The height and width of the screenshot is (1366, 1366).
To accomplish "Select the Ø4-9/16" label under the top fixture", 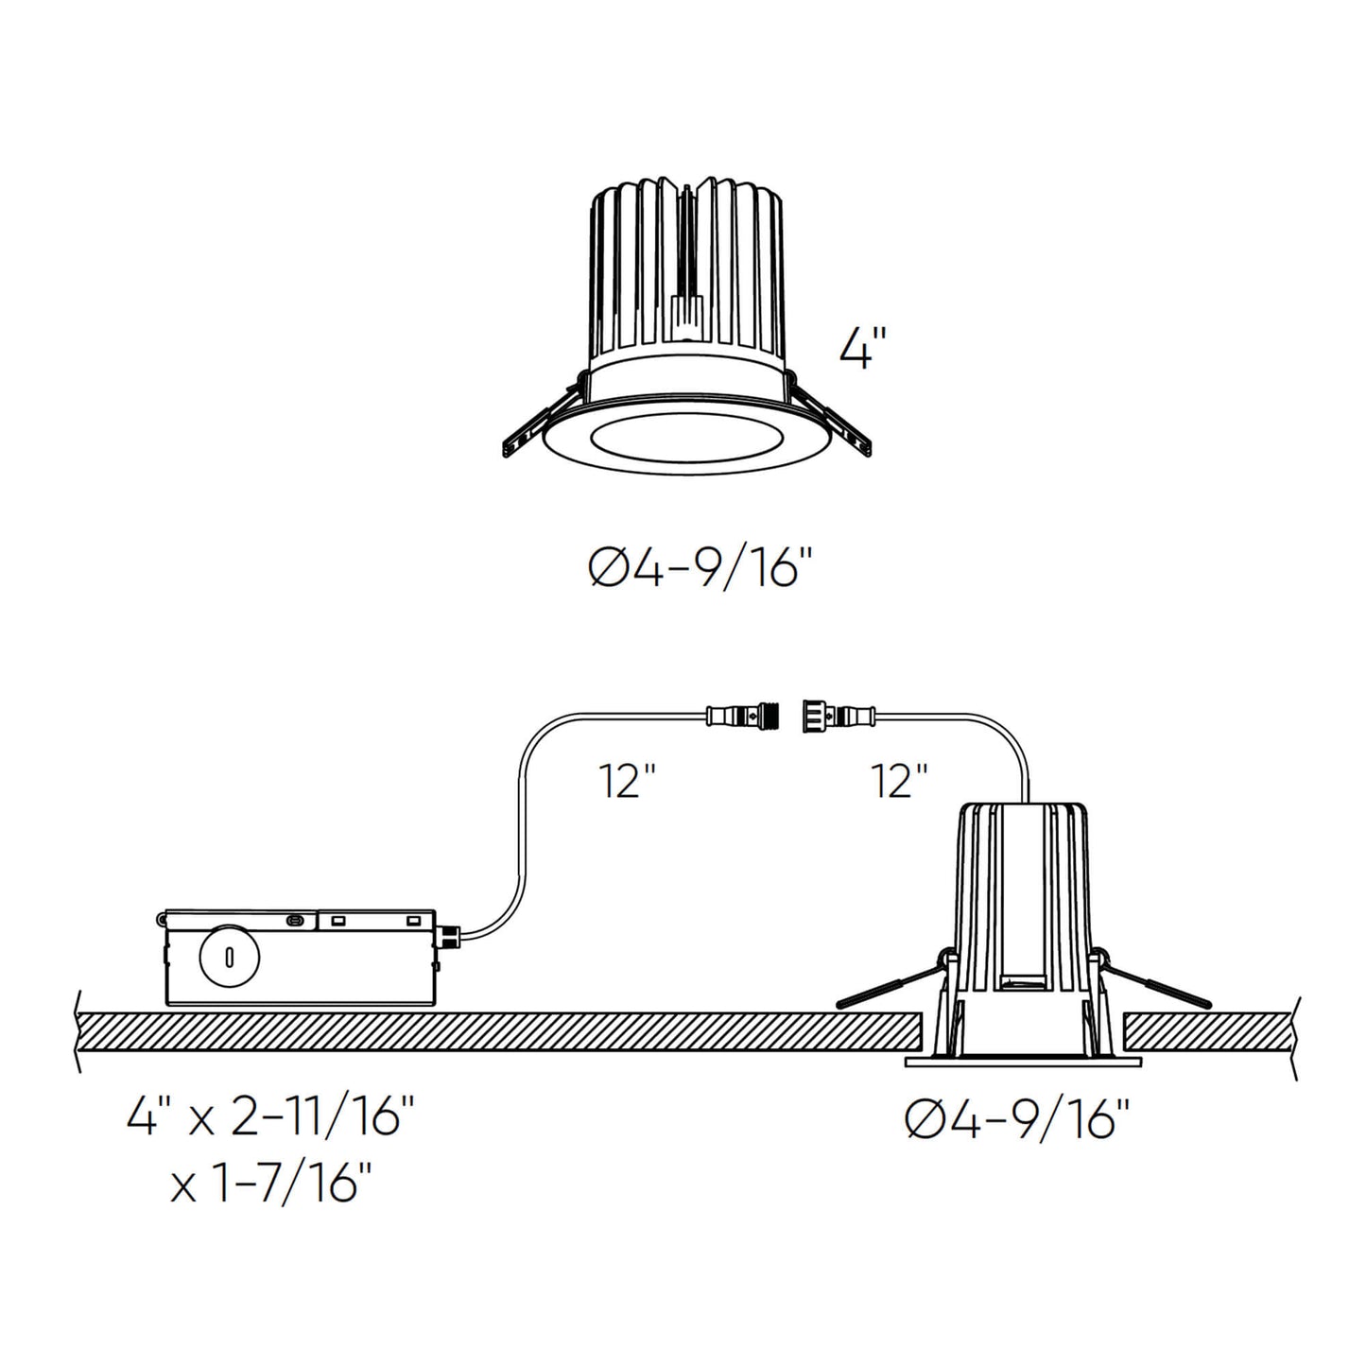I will click(700, 571).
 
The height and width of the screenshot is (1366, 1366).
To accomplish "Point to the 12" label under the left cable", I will click(627, 782).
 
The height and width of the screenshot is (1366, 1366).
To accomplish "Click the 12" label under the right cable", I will click(899, 782).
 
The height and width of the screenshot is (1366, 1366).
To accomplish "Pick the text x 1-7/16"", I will click(271, 1184).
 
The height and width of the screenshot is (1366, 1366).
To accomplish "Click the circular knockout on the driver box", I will click(229, 958).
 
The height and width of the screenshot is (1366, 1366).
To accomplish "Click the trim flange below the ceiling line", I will click(1023, 1062).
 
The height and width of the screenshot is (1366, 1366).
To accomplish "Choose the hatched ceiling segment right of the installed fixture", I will click(1208, 1032).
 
